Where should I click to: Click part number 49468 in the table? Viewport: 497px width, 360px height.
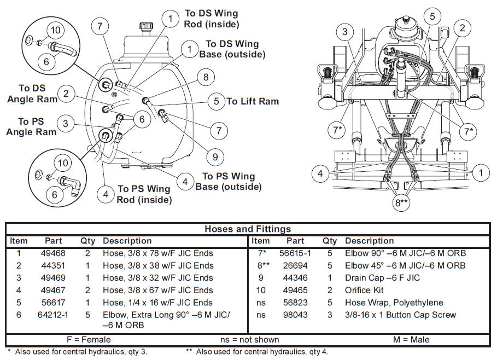54,253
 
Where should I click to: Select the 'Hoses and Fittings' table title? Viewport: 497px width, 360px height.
248,229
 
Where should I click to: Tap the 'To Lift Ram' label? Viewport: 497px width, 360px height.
253,101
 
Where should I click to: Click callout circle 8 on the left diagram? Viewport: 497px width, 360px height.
206,77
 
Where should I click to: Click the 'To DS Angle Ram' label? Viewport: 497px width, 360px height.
32,94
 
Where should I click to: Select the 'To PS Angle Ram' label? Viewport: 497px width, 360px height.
31,126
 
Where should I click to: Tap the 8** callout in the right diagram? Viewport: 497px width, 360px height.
402,203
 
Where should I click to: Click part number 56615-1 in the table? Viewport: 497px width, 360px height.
295,253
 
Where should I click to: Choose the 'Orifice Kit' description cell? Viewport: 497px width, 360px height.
364,290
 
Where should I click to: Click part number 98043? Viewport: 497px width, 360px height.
295,315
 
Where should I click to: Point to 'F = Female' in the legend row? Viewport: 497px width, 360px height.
87,339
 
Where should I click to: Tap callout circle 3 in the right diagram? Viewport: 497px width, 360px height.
345,32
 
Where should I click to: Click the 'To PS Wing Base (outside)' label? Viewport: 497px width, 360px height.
229,182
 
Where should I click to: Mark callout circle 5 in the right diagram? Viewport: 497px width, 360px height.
432,16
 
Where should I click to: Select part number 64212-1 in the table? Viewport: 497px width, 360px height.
54,315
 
